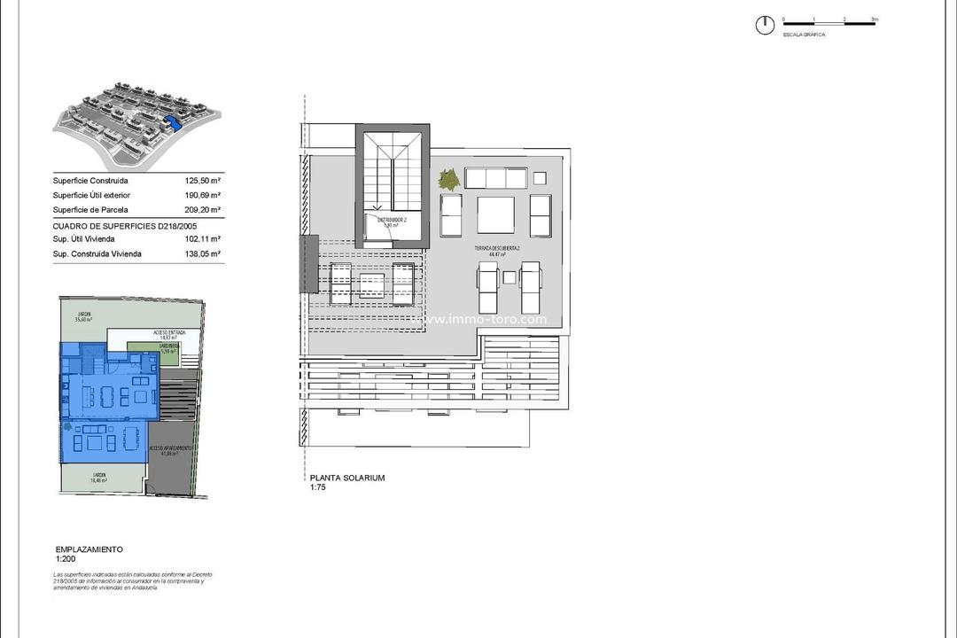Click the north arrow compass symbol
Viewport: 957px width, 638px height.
tap(764, 26)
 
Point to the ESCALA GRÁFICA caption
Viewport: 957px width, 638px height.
tap(804, 35)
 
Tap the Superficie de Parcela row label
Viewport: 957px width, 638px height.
tap(90, 210)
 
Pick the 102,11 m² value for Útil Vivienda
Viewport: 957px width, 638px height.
tap(204, 239)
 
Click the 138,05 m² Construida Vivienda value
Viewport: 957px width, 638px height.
tap(204, 254)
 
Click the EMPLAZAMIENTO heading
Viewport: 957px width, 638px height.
tap(89, 549)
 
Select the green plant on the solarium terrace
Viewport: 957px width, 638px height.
tap(449, 178)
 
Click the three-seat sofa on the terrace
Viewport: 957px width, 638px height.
tap(496, 178)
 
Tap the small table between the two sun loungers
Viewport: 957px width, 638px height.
tap(510, 276)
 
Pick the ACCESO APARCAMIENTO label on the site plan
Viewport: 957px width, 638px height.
tap(170, 450)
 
